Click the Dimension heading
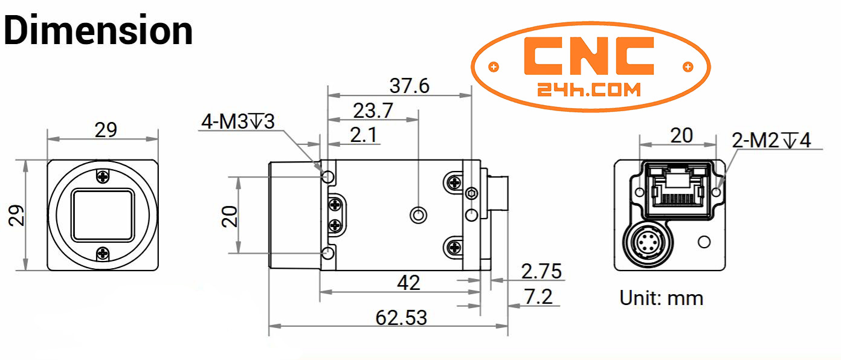pos(98,30)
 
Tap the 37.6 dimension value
pos(409,86)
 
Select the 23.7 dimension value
pos(373,111)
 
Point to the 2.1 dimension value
pos(364,135)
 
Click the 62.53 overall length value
pos(401,318)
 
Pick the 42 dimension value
pos(408,283)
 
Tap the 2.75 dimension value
pos(541,271)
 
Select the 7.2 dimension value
pos(538,297)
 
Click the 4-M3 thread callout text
pos(238,121)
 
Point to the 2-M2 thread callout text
pos(771,140)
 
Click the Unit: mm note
pos(661,298)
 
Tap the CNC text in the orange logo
pos(588,56)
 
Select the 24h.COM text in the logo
pos(588,90)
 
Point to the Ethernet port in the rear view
pos(677,190)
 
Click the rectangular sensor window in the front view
pos(103,215)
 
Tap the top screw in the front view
pos(103,176)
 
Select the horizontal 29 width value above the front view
pos(106,130)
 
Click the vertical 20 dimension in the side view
pos(230,216)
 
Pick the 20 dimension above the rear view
pos(681,135)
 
